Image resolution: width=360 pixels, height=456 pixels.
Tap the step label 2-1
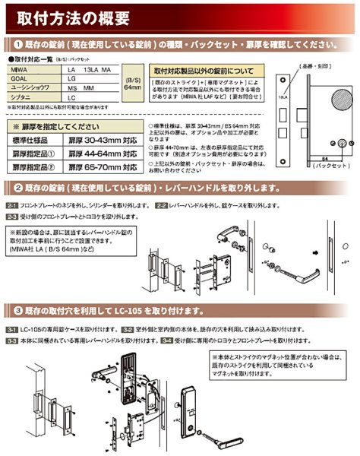pyautogui.click(x=11, y=205)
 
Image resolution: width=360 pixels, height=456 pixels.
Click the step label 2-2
pyautogui.click(x=160, y=205)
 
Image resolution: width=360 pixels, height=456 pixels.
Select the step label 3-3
pyautogui.click(x=11, y=343)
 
